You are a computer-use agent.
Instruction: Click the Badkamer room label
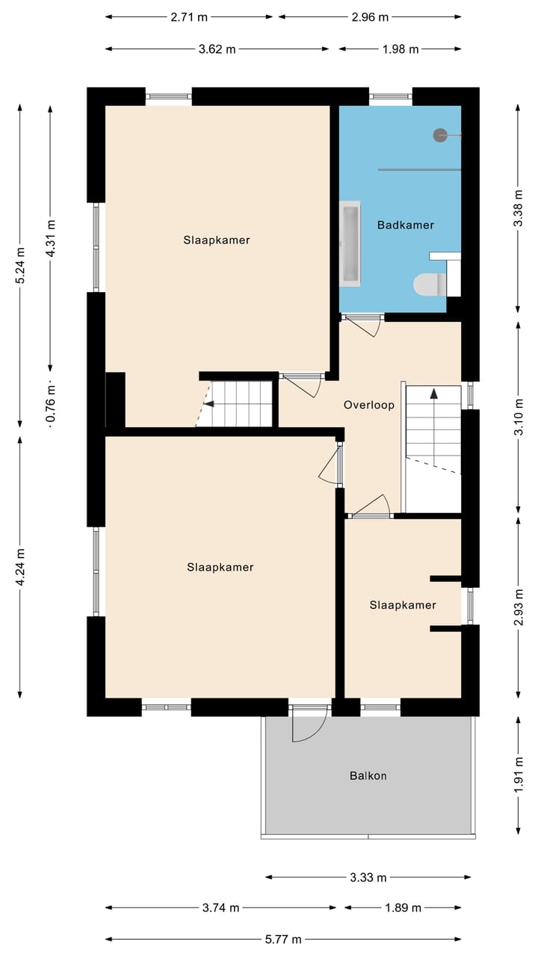pos(405,225)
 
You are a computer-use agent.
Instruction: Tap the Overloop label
pos(369,405)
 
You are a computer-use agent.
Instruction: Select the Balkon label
pos(368,775)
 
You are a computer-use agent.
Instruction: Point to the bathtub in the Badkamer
pos(350,243)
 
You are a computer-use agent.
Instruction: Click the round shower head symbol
pos(440,135)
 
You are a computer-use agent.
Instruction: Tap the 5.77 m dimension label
pos(283,939)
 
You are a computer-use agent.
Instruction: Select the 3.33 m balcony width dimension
pos(368,878)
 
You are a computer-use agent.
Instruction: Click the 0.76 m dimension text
pos(52,403)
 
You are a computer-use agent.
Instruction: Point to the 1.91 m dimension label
pos(519,775)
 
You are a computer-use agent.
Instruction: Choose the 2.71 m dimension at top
pos(189,17)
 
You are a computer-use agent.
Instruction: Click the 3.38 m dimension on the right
pos(519,208)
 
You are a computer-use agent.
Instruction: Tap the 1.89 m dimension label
pos(403,907)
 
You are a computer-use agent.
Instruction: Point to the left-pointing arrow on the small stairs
pos(208,403)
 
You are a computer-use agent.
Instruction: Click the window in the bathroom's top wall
pos(390,96)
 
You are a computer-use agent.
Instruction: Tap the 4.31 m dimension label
pos(52,238)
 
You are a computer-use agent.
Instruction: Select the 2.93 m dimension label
pos(519,607)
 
